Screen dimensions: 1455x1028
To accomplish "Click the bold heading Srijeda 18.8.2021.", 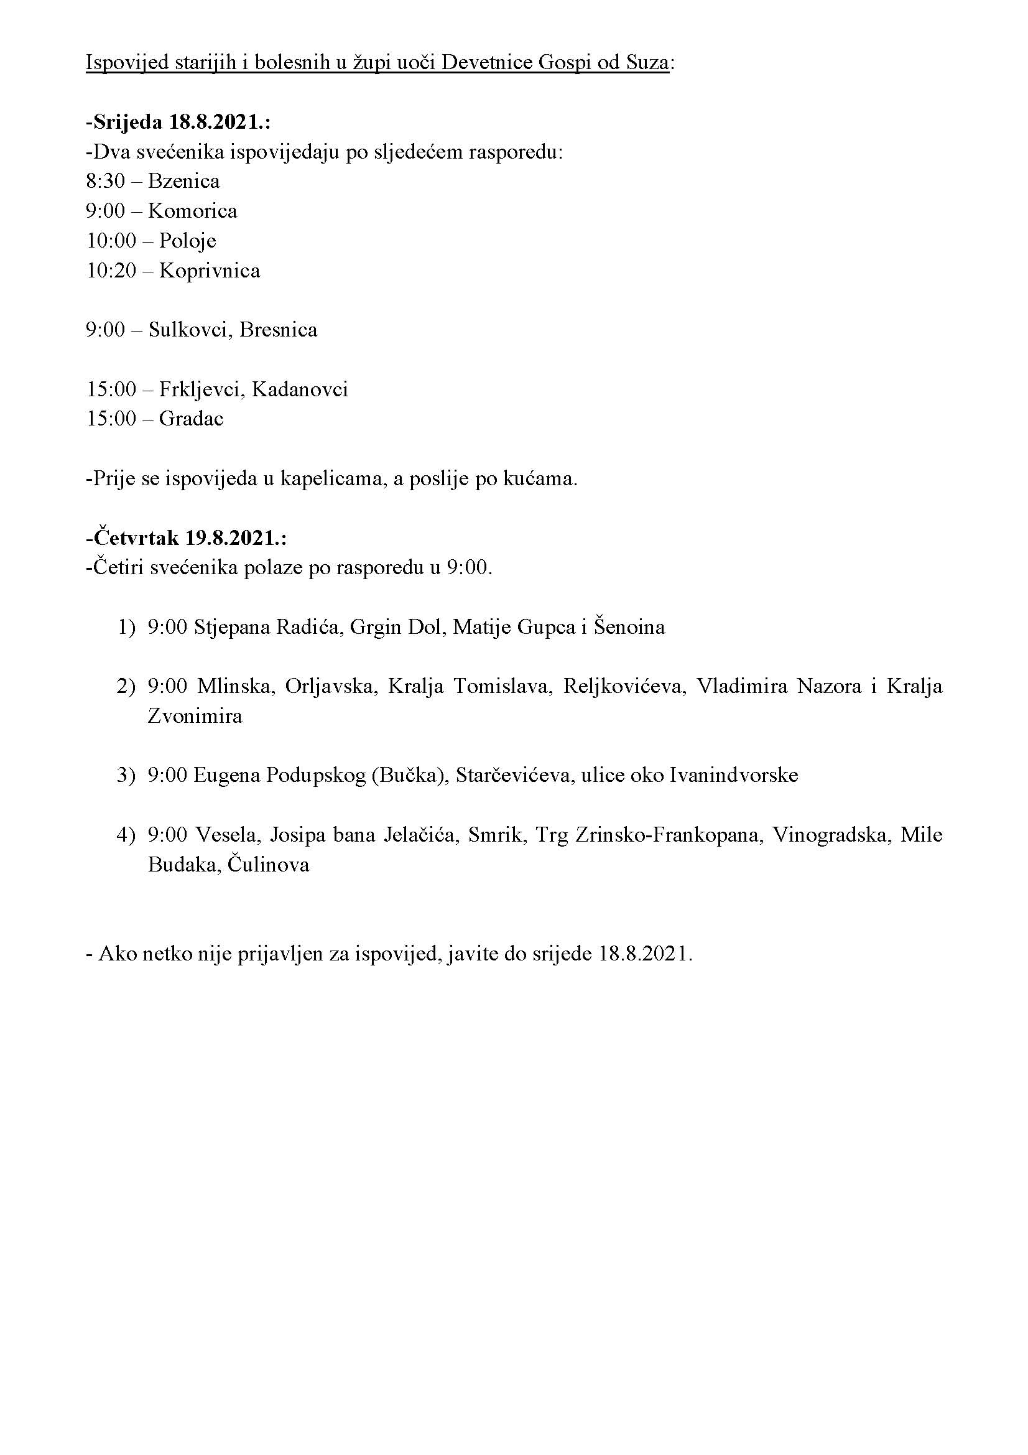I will coord(178,123).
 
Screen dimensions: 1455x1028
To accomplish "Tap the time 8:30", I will coord(105,182).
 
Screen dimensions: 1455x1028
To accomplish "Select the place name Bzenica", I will coord(183,182).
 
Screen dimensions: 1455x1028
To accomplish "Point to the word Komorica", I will coord(193,211).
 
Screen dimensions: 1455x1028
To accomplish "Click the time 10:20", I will coord(111,271).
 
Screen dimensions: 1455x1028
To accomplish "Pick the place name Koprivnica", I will coord(210,271).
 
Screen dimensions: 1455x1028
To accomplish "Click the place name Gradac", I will coord(192,419).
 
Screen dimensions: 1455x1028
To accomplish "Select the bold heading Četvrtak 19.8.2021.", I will coord(187,538).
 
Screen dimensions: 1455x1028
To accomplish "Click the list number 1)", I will coord(126,628).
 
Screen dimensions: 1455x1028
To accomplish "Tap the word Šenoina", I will coord(629,628).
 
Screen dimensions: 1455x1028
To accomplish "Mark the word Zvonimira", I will coord(195,717).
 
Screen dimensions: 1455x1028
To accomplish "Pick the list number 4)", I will coord(126,835).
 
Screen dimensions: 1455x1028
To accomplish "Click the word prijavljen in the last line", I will coord(282,954).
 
